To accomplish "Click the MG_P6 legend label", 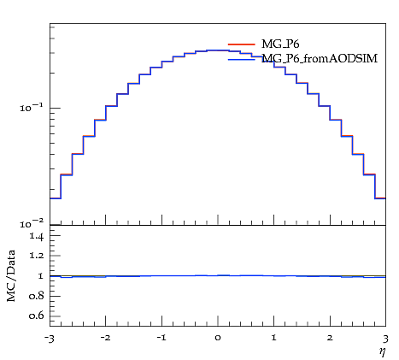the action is coord(280,44).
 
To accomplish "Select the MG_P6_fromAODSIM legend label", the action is coord(320,59).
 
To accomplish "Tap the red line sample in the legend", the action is coord(241,44).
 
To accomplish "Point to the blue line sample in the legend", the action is coord(241,59).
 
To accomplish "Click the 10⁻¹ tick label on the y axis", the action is coord(32,108).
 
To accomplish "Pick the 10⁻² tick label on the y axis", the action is coord(32,224).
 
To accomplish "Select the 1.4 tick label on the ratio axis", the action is coord(37,237).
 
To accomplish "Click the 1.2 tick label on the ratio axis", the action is coord(37,256).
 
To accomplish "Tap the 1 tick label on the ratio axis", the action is coord(41,276).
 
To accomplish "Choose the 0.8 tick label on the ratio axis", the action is coord(37,296).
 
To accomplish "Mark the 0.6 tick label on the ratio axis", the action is coord(37,316).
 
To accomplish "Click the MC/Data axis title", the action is coord(11,276).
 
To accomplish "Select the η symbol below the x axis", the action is coord(382,351).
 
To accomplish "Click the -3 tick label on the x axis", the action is coord(50,339).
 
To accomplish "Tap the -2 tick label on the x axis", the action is coord(106,338).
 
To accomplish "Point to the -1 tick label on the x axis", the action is coord(161,338).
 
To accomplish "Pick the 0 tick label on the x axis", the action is coord(218,339).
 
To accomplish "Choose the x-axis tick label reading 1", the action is coord(274,338).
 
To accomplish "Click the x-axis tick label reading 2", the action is coord(330,338).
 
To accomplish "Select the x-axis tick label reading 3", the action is coord(385,339).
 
